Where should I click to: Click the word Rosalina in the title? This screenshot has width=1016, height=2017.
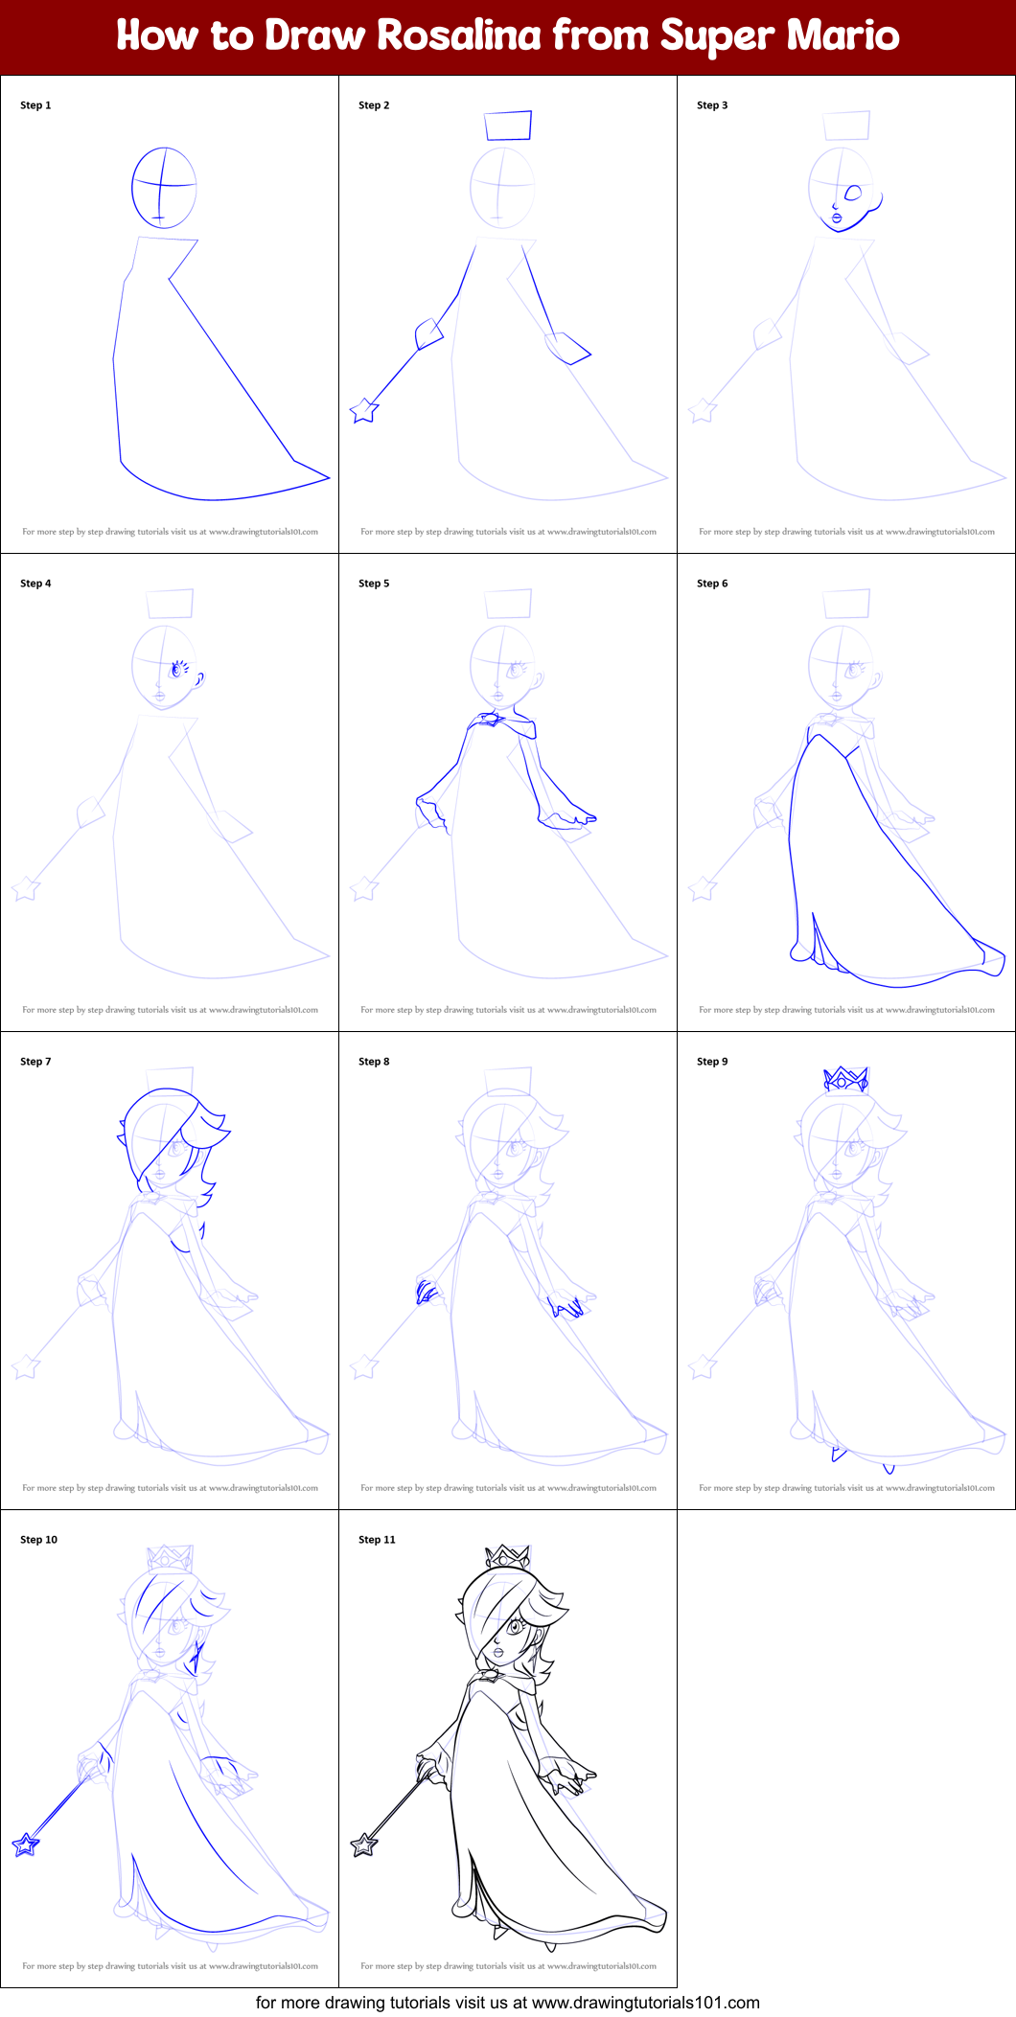(458, 35)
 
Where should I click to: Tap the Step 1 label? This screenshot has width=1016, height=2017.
(35, 105)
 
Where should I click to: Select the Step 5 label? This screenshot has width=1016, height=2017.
(374, 584)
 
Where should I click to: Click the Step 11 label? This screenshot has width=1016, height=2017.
(377, 1540)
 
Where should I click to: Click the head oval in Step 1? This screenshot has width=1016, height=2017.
(164, 188)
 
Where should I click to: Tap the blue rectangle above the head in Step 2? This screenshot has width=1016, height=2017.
(508, 126)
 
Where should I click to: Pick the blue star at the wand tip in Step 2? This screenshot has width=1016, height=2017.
(364, 411)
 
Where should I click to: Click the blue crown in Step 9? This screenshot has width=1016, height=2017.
(845, 1079)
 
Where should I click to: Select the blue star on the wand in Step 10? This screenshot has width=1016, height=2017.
(26, 1844)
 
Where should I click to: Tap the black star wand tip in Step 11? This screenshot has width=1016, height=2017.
(364, 1844)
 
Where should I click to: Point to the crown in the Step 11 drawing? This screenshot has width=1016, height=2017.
(507, 1557)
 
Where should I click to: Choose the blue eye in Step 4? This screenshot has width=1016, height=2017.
(176, 670)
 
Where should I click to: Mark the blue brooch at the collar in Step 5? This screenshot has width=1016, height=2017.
(492, 719)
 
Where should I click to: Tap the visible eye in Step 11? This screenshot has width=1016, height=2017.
(515, 1626)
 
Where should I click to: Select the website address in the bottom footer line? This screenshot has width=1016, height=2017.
(646, 2003)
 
